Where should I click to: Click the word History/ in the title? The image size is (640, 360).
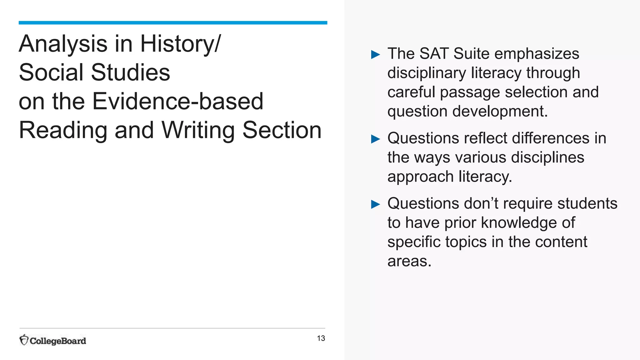click(x=180, y=44)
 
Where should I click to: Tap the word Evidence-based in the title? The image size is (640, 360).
click(x=178, y=101)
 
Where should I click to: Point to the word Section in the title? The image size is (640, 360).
click(x=282, y=130)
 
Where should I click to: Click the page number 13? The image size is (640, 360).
click(x=321, y=338)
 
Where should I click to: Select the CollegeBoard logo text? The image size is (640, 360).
click(x=58, y=341)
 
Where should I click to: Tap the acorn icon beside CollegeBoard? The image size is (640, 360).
click(x=24, y=340)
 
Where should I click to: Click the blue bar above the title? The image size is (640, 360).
click(x=173, y=23)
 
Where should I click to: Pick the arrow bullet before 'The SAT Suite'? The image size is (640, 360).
click(x=375, y=55)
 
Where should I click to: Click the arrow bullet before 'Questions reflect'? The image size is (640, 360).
click(x=375, y=139)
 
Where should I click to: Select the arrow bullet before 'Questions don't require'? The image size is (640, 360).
click(x=375, y=204)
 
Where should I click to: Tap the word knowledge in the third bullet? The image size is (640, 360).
click(x=518, y=223)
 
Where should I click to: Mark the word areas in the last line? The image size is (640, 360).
click(x=409, y=261)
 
